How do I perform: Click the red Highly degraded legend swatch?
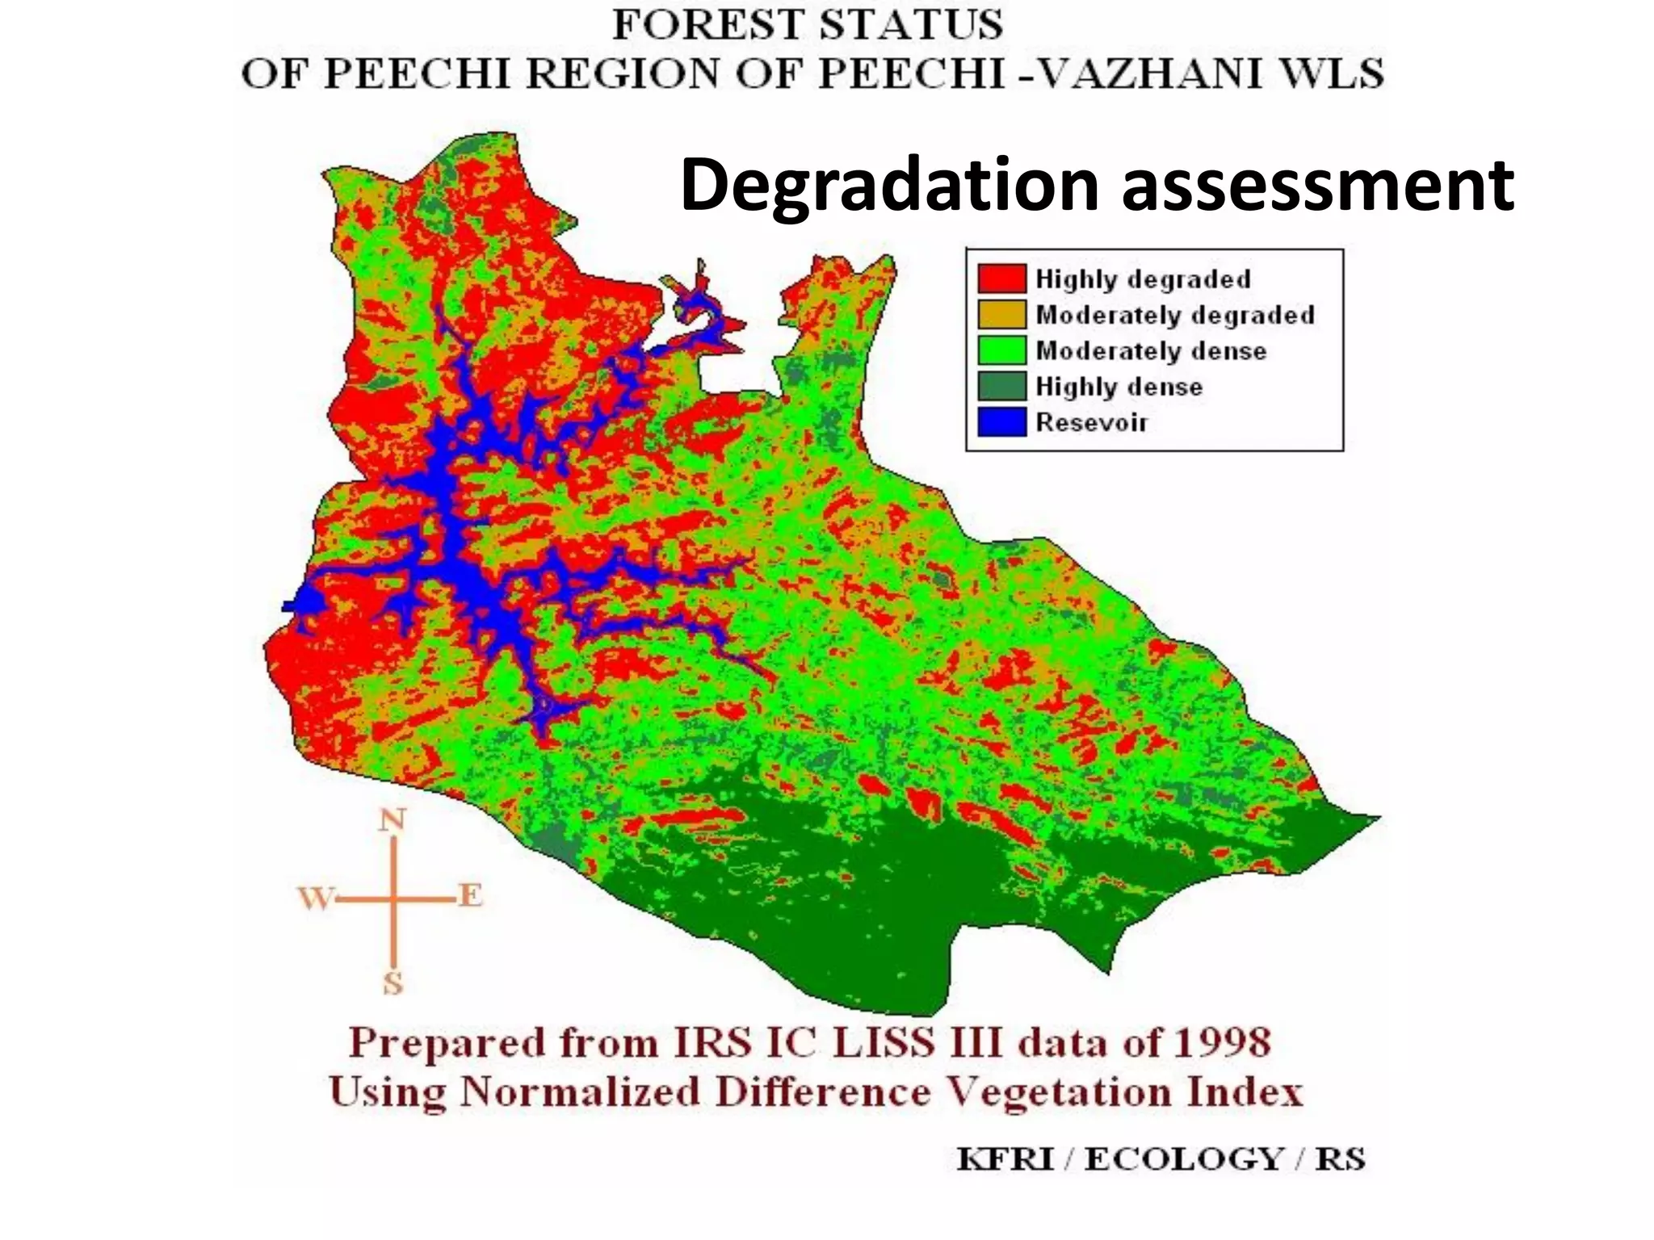pos(1001,279)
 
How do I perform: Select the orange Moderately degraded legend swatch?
pos(1001,314)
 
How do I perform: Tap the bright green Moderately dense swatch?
pos(1001,350)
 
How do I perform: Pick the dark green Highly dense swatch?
pos(1001,386)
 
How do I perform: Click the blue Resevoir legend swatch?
pos(1001,421)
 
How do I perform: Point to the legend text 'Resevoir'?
pos(1091,422)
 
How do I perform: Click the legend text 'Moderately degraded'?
pos(1175,315)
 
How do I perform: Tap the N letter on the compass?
pos(393,821)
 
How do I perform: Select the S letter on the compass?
pos(393,983)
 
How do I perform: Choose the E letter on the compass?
pos(470,895)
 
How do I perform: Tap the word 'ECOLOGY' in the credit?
pos(1182,1159)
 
